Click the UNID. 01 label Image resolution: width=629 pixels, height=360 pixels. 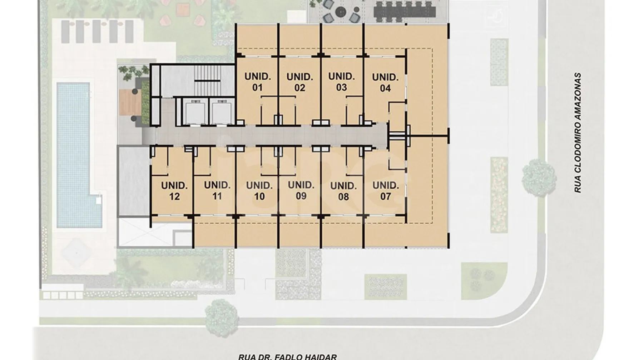[257, 82]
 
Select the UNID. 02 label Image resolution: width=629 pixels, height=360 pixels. [299, 82]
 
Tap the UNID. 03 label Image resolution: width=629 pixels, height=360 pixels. [341, 82]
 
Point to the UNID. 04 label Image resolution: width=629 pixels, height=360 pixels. [385, 82]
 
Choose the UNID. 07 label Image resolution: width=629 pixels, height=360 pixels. [385, 191]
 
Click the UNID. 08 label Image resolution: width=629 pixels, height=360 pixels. [343, 191]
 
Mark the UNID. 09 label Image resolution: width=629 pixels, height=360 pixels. [301, 190]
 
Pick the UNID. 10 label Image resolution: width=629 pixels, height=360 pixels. [259, 191]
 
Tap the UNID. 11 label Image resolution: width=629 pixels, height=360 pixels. [217, 191]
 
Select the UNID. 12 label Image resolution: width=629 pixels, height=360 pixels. [174, 191]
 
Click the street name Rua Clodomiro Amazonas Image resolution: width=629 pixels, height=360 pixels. [578, 133]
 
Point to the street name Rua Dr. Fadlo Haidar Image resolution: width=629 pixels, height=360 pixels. [287, 356]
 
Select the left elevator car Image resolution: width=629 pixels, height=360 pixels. [194, 112]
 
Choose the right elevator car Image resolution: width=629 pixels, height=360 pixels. [221, 112]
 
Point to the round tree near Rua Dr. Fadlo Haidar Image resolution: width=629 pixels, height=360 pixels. [222, 318]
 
